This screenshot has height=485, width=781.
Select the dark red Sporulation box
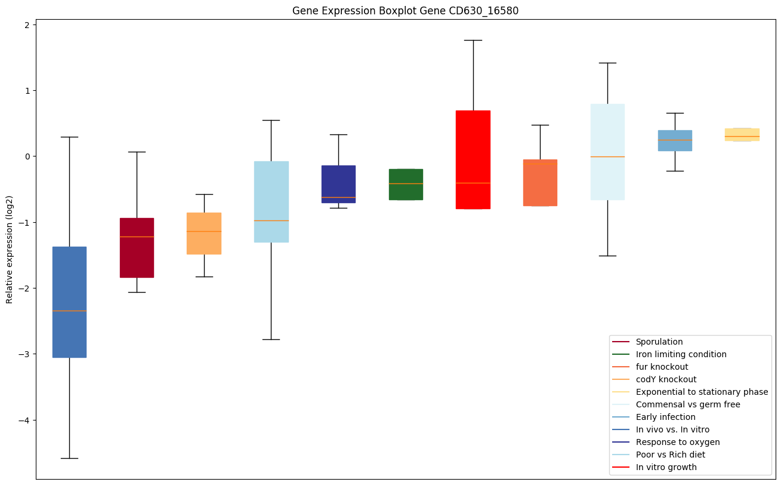(137, 248)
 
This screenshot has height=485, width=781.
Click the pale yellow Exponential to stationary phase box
(742, 134)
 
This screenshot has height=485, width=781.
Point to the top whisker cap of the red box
(473, 40)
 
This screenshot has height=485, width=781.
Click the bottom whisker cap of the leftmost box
(69, 458)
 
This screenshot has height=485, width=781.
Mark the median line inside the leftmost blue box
(69, 311)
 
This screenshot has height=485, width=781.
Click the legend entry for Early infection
(665, 417)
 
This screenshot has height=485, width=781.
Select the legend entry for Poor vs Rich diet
(670, 455)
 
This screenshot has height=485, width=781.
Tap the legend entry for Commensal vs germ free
(687, 404)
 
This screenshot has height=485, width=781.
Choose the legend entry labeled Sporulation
(659, 342)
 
